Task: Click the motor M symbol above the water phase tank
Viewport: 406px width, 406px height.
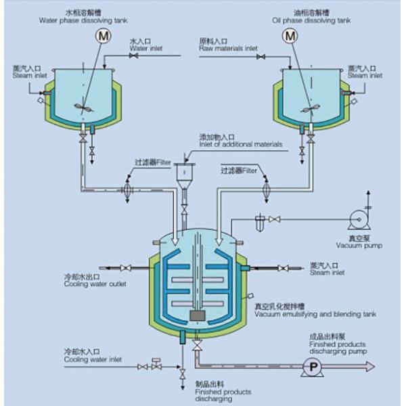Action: point(104,35)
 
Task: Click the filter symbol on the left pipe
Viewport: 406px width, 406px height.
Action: point(126,189)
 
